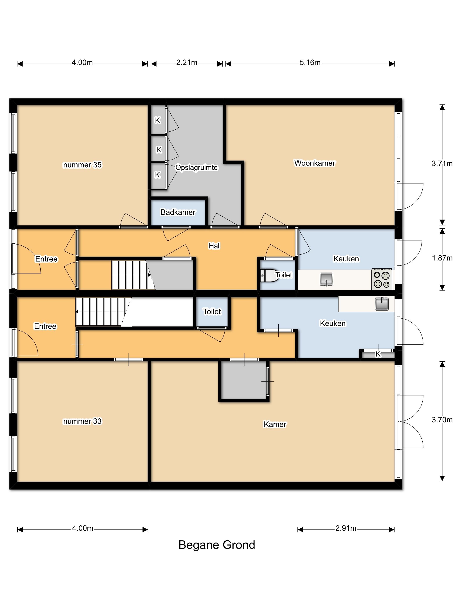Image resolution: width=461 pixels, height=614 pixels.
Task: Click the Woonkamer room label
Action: point(315,163)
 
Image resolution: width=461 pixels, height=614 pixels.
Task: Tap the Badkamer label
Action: point(178,212)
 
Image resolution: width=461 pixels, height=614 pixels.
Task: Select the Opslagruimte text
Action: point(196,168)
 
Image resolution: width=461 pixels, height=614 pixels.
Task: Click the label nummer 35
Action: point(82,165)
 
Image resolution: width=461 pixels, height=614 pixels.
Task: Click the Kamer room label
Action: point(275,424)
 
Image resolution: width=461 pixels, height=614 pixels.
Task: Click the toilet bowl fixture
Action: point(270,276)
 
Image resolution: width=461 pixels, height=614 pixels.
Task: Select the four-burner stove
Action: point(382,279)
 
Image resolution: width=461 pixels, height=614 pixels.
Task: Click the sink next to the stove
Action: point(326,279)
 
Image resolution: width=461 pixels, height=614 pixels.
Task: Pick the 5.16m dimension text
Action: point(310,62)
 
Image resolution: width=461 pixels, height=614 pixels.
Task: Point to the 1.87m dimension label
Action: point(442,258)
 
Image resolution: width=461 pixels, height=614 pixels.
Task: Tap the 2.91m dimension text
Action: point(346,528)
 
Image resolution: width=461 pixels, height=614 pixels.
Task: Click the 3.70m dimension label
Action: point(442,420)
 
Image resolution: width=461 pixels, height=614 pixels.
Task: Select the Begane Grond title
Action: point(217,545)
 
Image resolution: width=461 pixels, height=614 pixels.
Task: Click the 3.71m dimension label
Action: point(442,164)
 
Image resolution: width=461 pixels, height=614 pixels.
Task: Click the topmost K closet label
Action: point(158,120)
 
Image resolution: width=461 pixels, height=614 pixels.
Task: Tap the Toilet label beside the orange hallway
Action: point(212,311)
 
